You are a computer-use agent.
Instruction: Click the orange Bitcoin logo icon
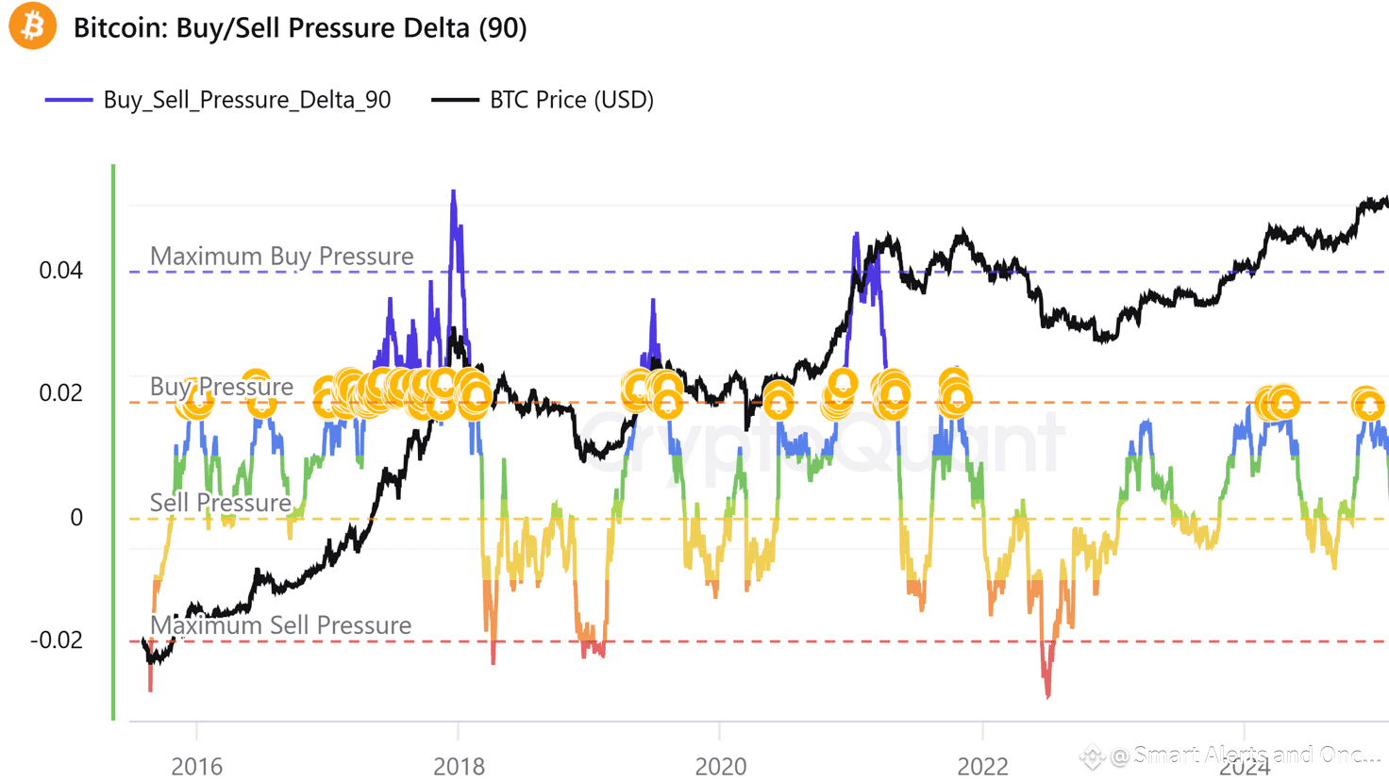coord(32,25)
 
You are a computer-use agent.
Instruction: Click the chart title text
coord(300,28)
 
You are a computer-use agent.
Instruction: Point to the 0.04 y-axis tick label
coord(60,271)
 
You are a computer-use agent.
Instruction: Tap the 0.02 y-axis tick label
coord(60,393)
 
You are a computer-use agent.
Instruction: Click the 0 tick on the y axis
coord(76,518)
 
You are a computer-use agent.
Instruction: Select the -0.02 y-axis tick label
coord(57,640)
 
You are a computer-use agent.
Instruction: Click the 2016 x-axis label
coord(196,765)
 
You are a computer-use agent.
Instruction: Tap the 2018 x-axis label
coord(459,765)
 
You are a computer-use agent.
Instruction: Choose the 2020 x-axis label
coord(720,765)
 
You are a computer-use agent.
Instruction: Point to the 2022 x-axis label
coord(982,765)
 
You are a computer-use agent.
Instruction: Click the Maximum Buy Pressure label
coord(281,257)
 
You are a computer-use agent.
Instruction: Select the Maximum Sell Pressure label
coord(280,625)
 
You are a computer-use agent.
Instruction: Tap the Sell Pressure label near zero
coord(220,503)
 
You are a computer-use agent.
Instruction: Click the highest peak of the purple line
coord(454,192)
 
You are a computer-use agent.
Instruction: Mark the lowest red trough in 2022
coord(1047,696)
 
